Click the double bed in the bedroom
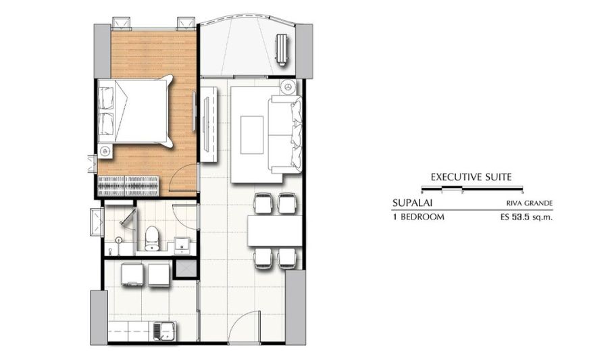134,111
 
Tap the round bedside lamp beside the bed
105,151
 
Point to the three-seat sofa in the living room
286,134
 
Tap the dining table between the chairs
274,230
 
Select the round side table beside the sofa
288,87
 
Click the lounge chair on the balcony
282,49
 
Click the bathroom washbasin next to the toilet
181,245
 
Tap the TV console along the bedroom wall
209,124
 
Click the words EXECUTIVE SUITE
471,178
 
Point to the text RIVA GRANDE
529,203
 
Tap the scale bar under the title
472,190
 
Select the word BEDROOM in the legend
422,217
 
